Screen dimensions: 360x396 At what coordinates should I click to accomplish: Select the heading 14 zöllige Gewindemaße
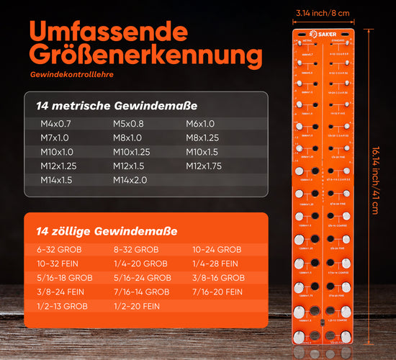107,232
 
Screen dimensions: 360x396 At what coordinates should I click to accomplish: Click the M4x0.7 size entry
55,123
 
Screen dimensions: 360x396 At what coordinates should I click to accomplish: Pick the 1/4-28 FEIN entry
215,264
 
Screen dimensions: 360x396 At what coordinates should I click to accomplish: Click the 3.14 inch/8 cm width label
323,12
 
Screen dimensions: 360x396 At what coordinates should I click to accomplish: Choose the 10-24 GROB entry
217,250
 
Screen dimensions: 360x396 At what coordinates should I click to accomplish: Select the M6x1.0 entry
200,123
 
